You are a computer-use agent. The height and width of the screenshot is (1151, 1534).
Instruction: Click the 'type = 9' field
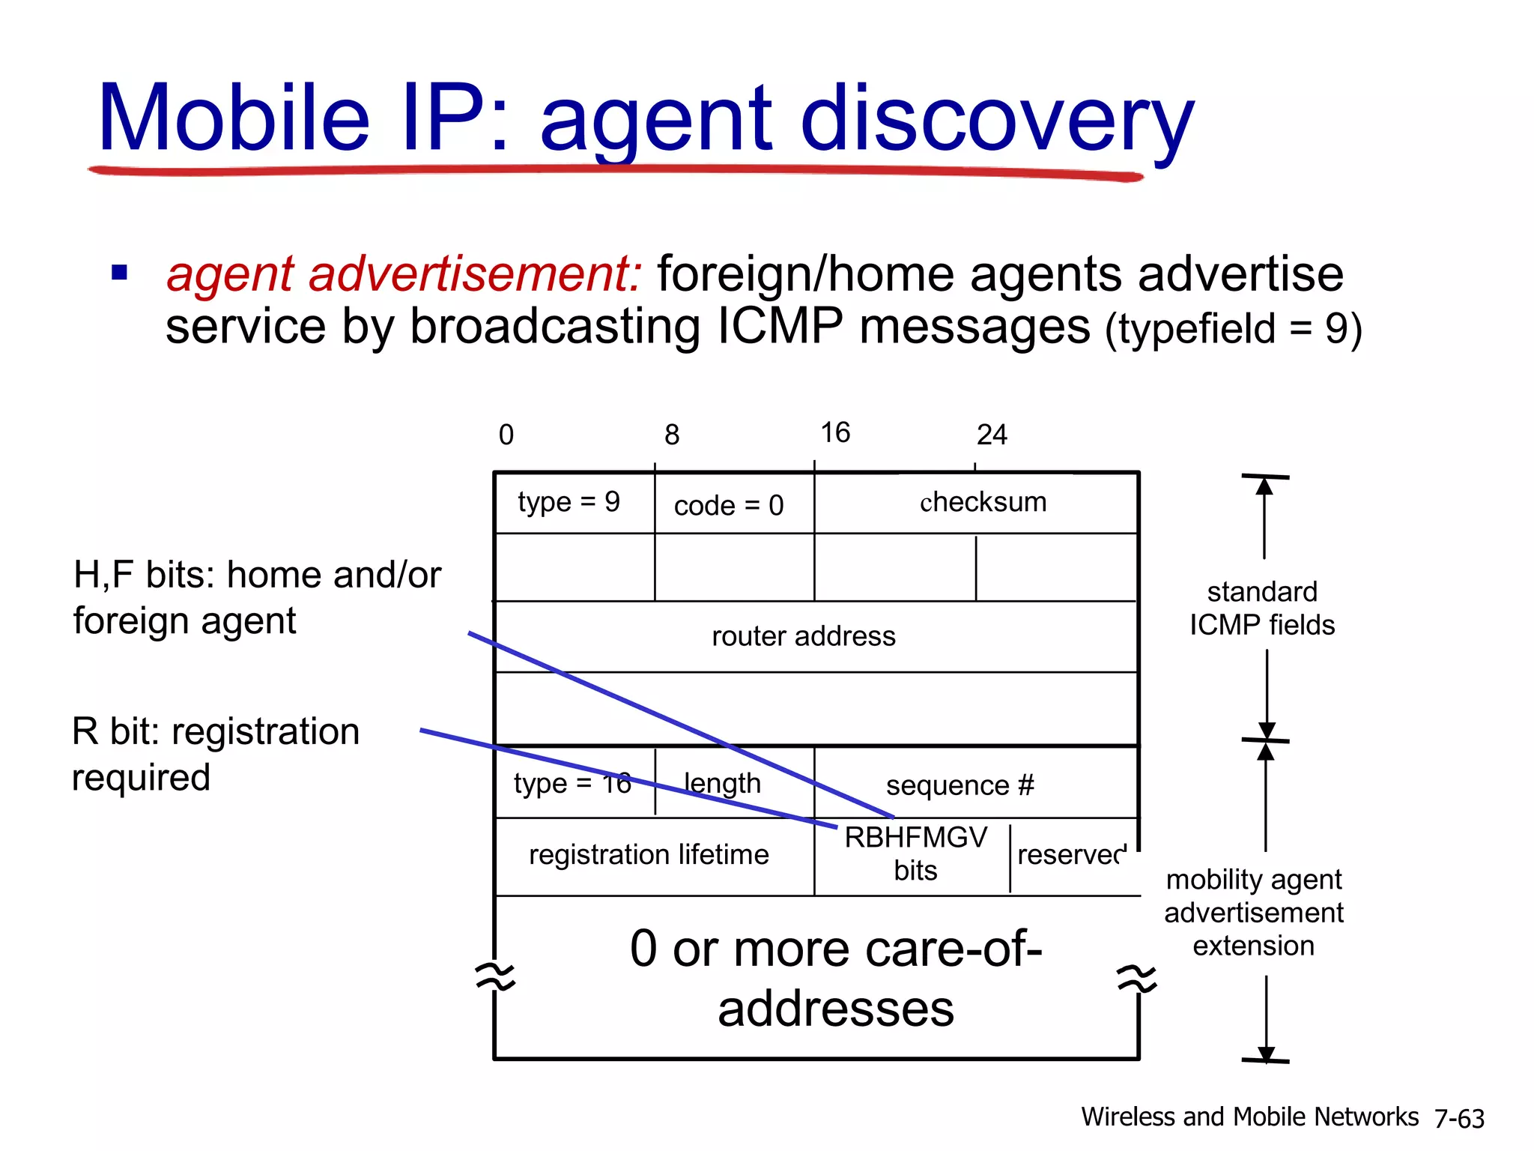click(x=569, y=502)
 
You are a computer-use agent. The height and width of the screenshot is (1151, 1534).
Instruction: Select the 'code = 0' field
click(x=729, y=506)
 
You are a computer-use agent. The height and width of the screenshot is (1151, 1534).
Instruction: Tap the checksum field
click(x=983, y=502)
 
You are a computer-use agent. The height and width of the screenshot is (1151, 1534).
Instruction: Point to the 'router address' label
click(x=803, y=636)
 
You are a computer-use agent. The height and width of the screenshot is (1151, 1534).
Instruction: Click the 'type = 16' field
click(x=572, y=784)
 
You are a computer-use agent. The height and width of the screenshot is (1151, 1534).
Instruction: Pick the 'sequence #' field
click(x=959, y=785)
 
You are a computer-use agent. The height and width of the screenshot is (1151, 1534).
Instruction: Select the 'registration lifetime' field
click(x=649, y=855)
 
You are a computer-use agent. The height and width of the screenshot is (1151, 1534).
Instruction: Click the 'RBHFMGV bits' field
click(x=915, y=854)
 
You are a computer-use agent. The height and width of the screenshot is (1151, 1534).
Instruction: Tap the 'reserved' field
click(x=1071, y=855)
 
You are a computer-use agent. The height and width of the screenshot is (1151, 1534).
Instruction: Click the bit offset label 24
click(x=992, y=435)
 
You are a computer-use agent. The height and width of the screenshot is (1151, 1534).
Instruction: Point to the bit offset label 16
click(x=835, y=432)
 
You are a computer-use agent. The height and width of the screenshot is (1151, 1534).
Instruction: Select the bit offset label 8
click(x=672, y=435)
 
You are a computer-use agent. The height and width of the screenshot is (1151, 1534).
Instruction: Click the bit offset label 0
click(x=506, y=435)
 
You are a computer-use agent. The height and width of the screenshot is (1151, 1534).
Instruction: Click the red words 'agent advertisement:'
click(x=404, y=274)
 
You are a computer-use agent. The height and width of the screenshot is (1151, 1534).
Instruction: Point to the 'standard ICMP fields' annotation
click(x=1262, y=608)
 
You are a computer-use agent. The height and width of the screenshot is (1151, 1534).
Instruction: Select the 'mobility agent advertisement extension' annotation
click(x=1254, y=912)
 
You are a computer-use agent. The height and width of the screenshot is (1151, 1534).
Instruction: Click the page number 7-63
click(x=1459, y=1119)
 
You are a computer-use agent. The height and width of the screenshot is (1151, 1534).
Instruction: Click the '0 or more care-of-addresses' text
click(x=836, y=978)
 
